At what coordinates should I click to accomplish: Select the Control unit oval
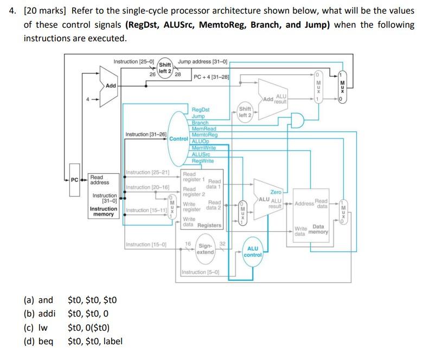(x=179, y=138)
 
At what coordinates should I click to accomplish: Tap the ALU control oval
(x=253, y=251)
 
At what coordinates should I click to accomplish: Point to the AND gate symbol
(x=296, y=120)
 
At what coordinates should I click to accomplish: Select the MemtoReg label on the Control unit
(x=204, y=135)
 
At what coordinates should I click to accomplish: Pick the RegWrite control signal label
(x=203, y=161)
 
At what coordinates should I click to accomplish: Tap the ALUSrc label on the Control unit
(x=202, y=154)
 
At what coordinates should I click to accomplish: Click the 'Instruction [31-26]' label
(x=146, y=134)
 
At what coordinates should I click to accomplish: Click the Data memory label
(x=319, y=229)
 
